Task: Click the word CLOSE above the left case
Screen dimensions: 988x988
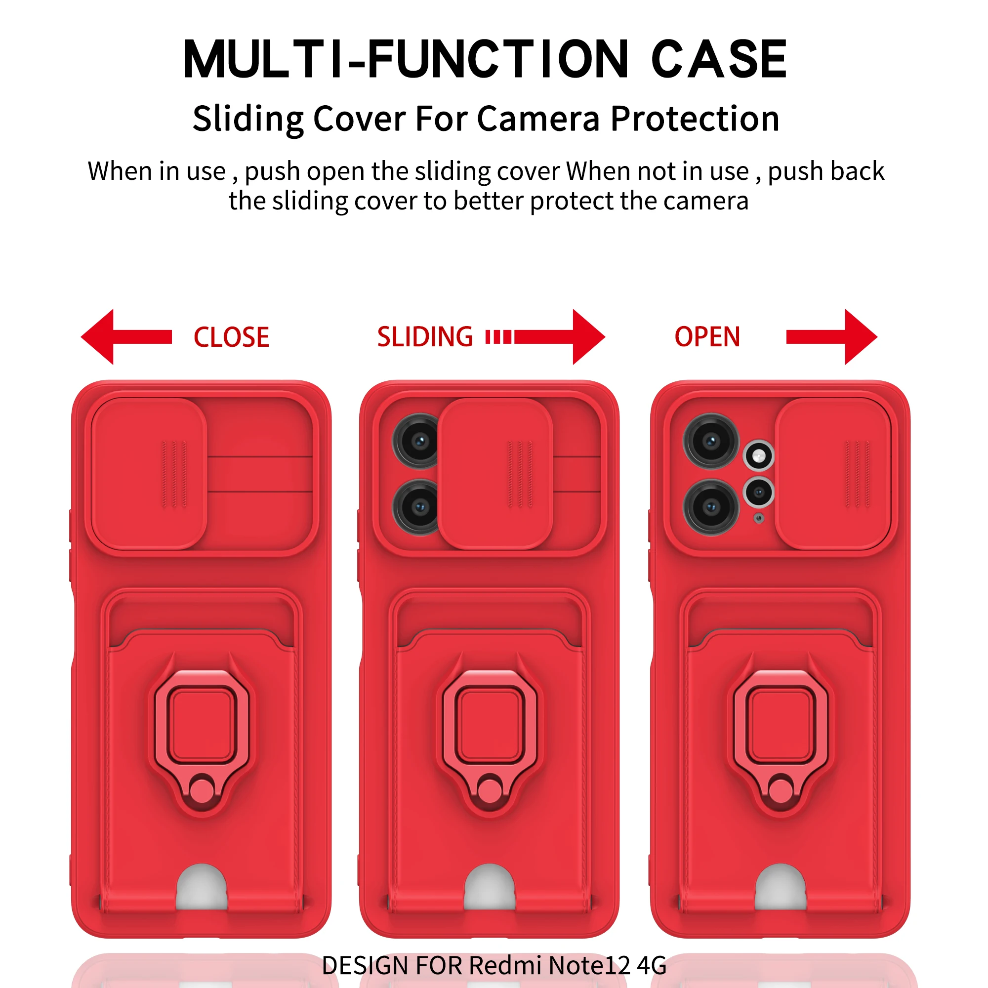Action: point(231,337)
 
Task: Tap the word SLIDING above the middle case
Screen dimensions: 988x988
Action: point(425,337)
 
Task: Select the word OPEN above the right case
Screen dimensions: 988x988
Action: point(707,337)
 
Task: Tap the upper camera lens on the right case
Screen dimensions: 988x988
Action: point(711,441)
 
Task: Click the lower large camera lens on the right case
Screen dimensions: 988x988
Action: point(711,507)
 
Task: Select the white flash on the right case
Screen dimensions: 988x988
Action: point(759,455)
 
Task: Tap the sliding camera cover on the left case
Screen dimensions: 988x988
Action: point(149,474)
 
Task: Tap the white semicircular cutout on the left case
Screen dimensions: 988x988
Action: point(202,890)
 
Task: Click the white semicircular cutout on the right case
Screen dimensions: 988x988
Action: point(781,890)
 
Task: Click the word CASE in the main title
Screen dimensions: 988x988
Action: point(718,60)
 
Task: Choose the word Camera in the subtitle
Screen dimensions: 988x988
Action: point(538,119)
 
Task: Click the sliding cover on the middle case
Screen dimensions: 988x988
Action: point(495,474)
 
